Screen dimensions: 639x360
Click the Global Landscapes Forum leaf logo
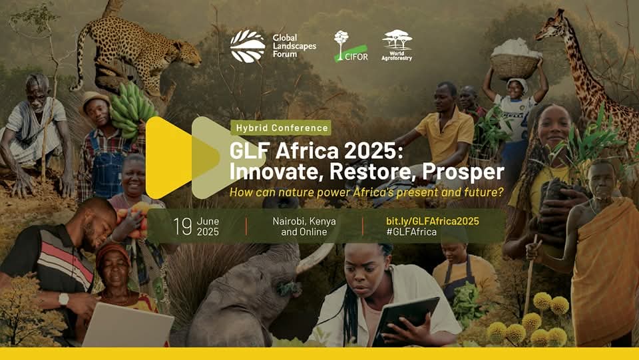(x=248, y=46)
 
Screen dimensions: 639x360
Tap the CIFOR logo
(x=351, y=47)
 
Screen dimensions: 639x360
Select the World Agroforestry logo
(x=397, y=45)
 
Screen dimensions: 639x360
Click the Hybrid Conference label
(x=281, y=128)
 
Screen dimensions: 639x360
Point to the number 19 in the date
(x=182, y=226)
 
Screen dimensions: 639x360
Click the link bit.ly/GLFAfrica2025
(x=433, y=221)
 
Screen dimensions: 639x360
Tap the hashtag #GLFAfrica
(x=411, y=232)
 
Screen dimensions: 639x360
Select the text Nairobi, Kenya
(x=304, y=221)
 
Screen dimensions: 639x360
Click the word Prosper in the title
(x=463, y=172)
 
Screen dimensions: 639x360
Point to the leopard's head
(x=186, y=52)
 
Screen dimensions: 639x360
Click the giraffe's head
(x=550, y=26)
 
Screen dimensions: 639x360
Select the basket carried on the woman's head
(x=515, y=66)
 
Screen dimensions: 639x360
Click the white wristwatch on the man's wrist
(x=64, y=299)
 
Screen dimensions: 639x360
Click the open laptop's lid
(x=128, y=325)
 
